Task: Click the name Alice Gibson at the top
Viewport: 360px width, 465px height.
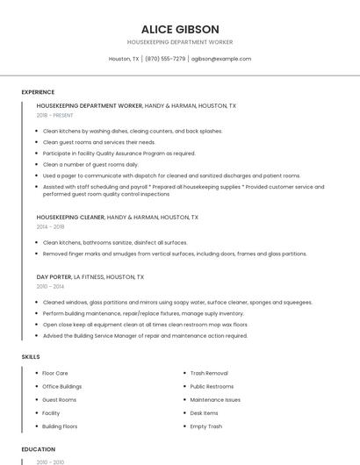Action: point(179,29)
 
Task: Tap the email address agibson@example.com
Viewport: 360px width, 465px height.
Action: point(221,59)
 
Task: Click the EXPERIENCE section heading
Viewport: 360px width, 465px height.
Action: point(38,92)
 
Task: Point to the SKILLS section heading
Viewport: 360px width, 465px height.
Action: point(31,357)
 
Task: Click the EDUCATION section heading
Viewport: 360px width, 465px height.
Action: point(38,449)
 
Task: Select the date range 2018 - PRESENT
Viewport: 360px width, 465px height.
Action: point(55,115)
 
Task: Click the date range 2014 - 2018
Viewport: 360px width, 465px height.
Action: point(50,226)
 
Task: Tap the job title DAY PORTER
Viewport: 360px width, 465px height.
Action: point(54,276)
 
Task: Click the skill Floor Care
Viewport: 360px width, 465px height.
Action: point(55,373)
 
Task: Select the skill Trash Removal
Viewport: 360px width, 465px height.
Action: point(209,373)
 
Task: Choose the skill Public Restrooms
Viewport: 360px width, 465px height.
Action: point(212,386)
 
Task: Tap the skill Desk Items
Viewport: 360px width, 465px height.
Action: point(204,413)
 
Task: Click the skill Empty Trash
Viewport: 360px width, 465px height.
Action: point(206,426)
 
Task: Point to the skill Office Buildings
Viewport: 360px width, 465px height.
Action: point(62,386)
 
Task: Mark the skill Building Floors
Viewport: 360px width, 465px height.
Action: point(60,426)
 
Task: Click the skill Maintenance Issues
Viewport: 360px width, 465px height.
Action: point(215,400)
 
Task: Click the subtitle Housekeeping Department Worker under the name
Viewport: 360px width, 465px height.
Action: point(179,42)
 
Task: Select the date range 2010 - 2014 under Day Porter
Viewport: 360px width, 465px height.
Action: point(50,286)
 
